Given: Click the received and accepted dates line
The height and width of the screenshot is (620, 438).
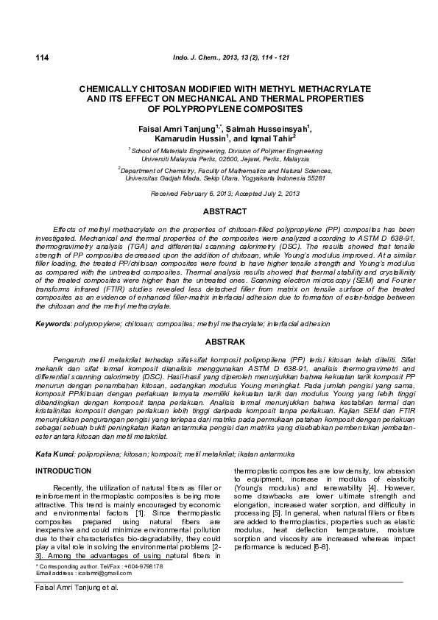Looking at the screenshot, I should coord(219,193).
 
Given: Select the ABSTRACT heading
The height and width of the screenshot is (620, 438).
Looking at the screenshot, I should coord(219,211).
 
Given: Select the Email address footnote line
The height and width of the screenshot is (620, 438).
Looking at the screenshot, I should coord(78,572).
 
